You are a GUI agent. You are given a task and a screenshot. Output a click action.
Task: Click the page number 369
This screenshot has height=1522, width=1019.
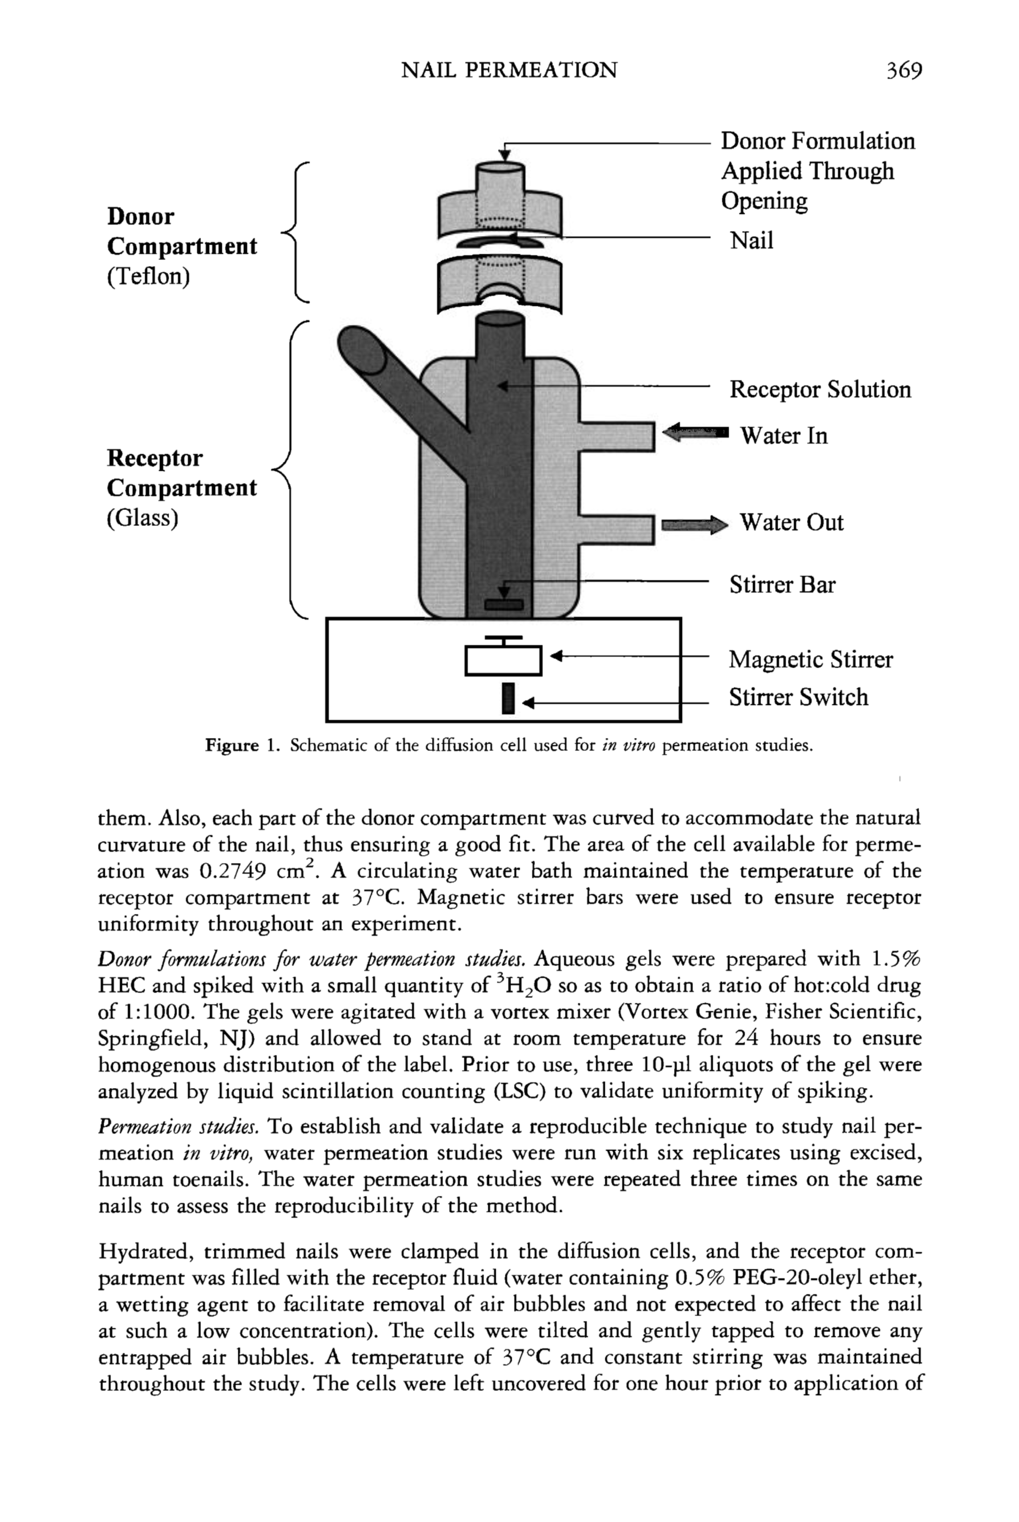(x=904, y=70)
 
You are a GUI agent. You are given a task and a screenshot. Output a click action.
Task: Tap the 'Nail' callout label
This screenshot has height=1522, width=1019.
(x=751, y=240)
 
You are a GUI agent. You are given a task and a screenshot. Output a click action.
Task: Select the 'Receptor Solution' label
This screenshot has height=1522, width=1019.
(x=820, y=389)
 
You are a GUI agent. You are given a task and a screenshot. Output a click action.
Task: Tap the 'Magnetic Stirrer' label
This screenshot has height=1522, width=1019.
(x=811, y=660)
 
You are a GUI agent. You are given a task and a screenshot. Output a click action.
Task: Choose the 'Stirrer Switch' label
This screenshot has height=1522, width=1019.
(x=798, y=697)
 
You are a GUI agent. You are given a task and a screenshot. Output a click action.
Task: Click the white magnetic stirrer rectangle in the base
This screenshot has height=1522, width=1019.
(x=503, y=660)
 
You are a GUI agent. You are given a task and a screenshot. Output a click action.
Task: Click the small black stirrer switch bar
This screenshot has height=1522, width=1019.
(x=508, y=698)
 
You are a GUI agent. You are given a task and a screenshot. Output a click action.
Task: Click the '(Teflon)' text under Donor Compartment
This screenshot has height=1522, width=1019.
(x=148, y=276)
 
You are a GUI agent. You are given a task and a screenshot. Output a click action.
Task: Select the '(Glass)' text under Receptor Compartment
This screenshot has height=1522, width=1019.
(x=142, y=518)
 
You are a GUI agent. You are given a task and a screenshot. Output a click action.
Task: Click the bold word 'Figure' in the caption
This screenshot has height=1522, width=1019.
(x=232, y=745)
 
